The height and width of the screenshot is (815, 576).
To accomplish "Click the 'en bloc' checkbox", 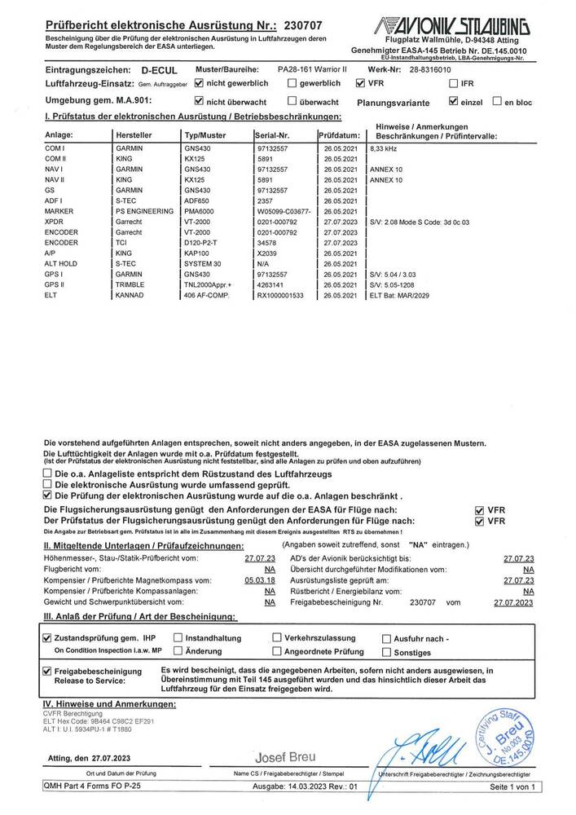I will (x=497, y=102).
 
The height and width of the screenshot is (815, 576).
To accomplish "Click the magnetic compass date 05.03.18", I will (x=260, y=579).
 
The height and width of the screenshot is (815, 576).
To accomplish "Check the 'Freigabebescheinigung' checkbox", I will (x=47, y=670).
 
